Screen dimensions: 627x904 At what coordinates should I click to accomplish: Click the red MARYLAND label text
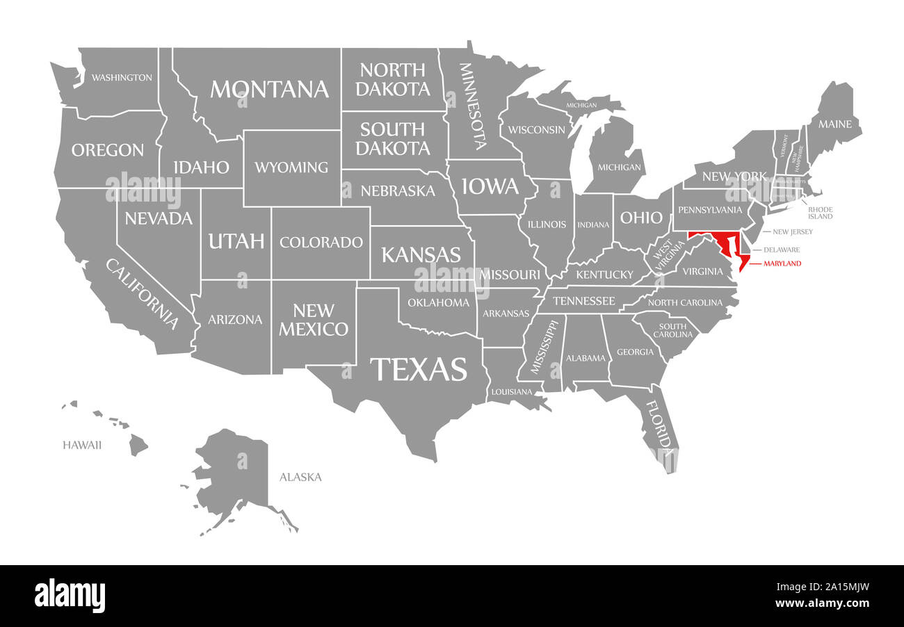tap(782, 263)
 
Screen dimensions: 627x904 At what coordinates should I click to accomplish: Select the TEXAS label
tap(418, 369)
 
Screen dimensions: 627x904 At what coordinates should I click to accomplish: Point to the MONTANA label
tap(269, 89)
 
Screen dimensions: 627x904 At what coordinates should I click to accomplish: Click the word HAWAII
tap(82, 445)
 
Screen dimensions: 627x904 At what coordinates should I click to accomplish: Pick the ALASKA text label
tap(300, 477)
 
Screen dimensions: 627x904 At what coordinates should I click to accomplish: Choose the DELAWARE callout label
tap(782, 250)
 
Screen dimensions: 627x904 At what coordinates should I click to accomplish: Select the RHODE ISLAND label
tap(820, 213)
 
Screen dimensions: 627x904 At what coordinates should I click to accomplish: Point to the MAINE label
tap(834, 124)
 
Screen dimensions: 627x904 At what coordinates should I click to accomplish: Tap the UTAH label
tap(236, 241)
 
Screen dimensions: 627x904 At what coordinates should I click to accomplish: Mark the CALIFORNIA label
tap(143, 293)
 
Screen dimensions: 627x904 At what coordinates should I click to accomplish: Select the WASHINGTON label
tap(122, 77)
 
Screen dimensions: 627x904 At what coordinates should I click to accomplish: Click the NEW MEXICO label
tap(314, 320)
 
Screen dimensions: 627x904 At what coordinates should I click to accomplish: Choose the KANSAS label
tap(421, 254)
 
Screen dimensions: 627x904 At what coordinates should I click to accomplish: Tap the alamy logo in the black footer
tap(70, 596)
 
